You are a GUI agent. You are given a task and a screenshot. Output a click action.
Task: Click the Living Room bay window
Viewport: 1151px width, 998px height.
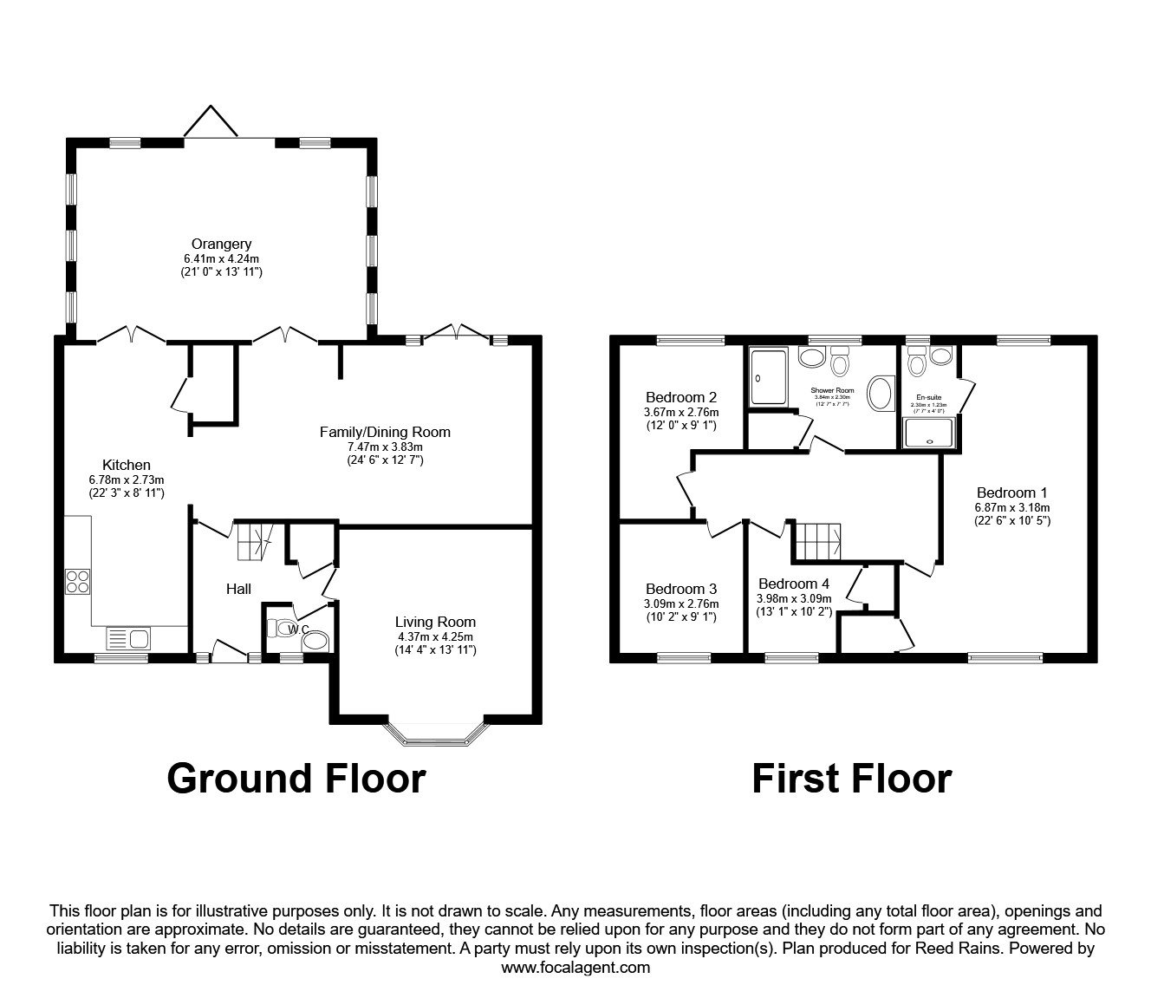(435, 736)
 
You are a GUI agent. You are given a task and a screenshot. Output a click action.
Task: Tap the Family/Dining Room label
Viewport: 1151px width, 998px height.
(385, 432)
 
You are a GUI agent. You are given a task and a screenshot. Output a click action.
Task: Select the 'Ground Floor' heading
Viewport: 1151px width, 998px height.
(296, 778)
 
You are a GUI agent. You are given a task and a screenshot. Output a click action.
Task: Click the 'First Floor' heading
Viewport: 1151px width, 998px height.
(851, 778)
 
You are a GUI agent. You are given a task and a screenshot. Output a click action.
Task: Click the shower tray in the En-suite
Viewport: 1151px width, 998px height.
(930, 433)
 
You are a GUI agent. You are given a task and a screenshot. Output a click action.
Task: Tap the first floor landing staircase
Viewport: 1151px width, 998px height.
(818, 542)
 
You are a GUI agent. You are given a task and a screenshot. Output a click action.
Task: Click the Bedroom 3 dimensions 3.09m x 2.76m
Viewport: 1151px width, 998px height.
(681, 604)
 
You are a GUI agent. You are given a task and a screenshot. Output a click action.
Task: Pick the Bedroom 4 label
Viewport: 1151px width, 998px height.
(793, 584)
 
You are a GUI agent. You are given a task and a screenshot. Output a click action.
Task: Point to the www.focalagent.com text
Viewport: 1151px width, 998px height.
(575, 968)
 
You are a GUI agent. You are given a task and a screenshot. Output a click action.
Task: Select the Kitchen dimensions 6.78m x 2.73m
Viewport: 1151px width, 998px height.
(127, 479)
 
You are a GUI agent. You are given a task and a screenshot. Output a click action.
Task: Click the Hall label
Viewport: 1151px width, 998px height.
(238, 589)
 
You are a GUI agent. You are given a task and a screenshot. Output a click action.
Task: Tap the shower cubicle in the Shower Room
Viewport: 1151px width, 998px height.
(769, 377)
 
